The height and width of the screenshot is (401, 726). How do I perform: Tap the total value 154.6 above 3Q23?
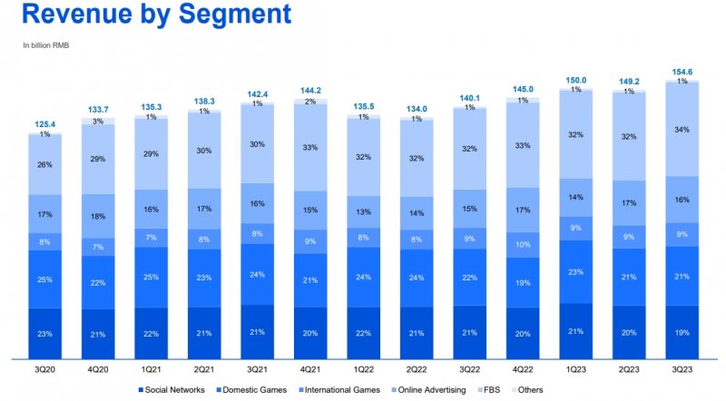(682, 71)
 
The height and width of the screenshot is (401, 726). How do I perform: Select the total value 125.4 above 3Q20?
(44, 123)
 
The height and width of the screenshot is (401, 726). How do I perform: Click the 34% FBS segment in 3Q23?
(682, 130)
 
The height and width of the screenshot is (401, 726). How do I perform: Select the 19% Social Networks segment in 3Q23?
(682, 333)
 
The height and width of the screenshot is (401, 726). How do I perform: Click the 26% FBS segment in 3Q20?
(44, 164)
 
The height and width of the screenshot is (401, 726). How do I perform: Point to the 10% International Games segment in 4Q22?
(523, 244)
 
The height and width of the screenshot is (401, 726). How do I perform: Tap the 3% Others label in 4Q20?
(98, 121)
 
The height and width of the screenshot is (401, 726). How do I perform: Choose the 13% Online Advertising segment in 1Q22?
(363, 212)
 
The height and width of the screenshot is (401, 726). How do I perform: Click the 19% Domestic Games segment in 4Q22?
(523, 282)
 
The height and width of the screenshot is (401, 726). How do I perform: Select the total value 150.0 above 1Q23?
(575, 79)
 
